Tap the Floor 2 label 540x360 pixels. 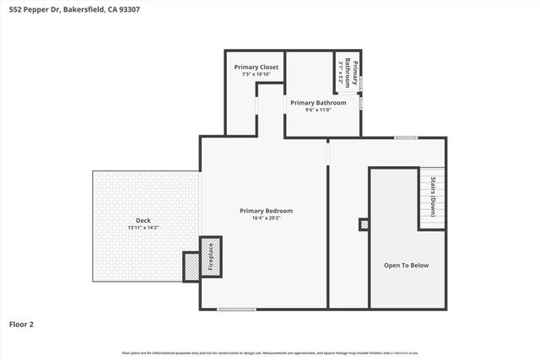(22, 324)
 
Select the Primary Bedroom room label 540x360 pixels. (266, 210)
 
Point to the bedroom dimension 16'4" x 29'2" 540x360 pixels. (266, 218)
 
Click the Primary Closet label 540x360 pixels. (256, 67)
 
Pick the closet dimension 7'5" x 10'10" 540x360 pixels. (256, 74)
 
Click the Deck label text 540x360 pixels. (143, 220)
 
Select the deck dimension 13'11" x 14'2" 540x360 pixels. (143, 228)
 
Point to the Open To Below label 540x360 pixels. (406, 266)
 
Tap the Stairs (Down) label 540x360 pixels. (434, 197)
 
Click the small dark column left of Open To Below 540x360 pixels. (364, 224)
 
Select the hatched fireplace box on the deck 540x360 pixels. (192, 265)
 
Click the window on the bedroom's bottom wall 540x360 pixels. (236, 309)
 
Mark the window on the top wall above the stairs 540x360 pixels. (406, 137)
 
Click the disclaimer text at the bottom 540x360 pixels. (270, 352)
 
